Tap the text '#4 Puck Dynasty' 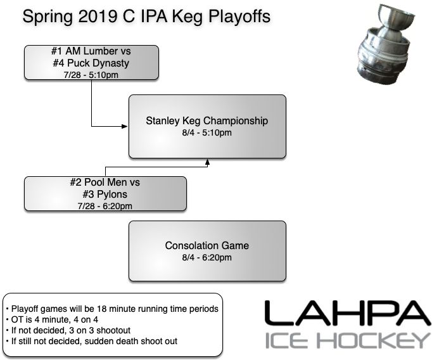click(92, 63)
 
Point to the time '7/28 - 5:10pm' click(92, 75)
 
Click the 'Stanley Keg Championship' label click(207, 120)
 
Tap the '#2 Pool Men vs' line click(105, 183)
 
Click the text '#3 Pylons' click(105, 194)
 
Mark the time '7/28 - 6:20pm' click(105, 205)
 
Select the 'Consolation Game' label click(207, 245)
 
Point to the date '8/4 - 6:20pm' click(207, 257)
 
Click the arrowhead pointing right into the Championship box click(126, 126)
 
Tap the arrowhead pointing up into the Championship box click(207, 162)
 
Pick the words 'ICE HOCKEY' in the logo click(346, 340)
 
